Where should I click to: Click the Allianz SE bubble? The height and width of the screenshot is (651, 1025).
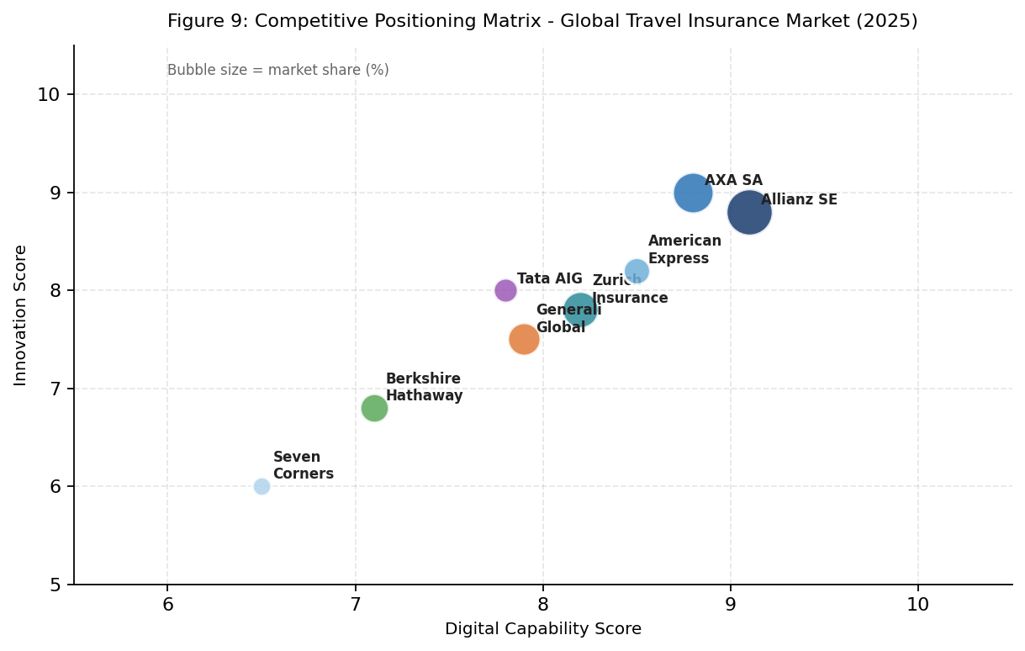coord(749,212)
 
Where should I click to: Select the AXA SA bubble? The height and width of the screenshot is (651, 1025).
coord(693,193)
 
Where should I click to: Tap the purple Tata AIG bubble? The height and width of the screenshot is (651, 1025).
coord(505,290)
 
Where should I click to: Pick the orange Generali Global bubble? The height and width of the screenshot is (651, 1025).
coord(524,339)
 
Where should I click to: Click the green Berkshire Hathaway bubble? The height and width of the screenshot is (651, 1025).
coord(374,408)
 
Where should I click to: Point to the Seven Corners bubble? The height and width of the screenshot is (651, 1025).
coord(262,486)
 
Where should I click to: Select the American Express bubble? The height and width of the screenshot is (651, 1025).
coord(637,271)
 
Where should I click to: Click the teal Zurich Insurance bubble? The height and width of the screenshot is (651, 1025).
coord(580,310)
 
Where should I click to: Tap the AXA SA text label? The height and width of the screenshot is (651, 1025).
coord(733,180)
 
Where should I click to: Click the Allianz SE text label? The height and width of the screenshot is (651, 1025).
coord(799,199)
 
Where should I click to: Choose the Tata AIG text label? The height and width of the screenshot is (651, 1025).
coord(549,278)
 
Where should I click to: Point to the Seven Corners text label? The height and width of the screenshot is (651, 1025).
coord(303,465)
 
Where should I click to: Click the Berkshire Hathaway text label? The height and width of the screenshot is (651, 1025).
coord(424,387)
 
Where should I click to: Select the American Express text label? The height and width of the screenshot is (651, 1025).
coord(684,250)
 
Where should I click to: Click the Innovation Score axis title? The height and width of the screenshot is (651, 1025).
coord(21,315)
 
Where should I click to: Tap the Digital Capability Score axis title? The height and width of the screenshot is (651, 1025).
coord(542,628)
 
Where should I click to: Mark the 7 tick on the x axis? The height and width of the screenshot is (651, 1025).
coord(355,604)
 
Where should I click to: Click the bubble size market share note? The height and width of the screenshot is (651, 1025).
coord(277,70)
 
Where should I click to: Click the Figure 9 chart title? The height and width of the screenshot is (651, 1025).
coord(542,21)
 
